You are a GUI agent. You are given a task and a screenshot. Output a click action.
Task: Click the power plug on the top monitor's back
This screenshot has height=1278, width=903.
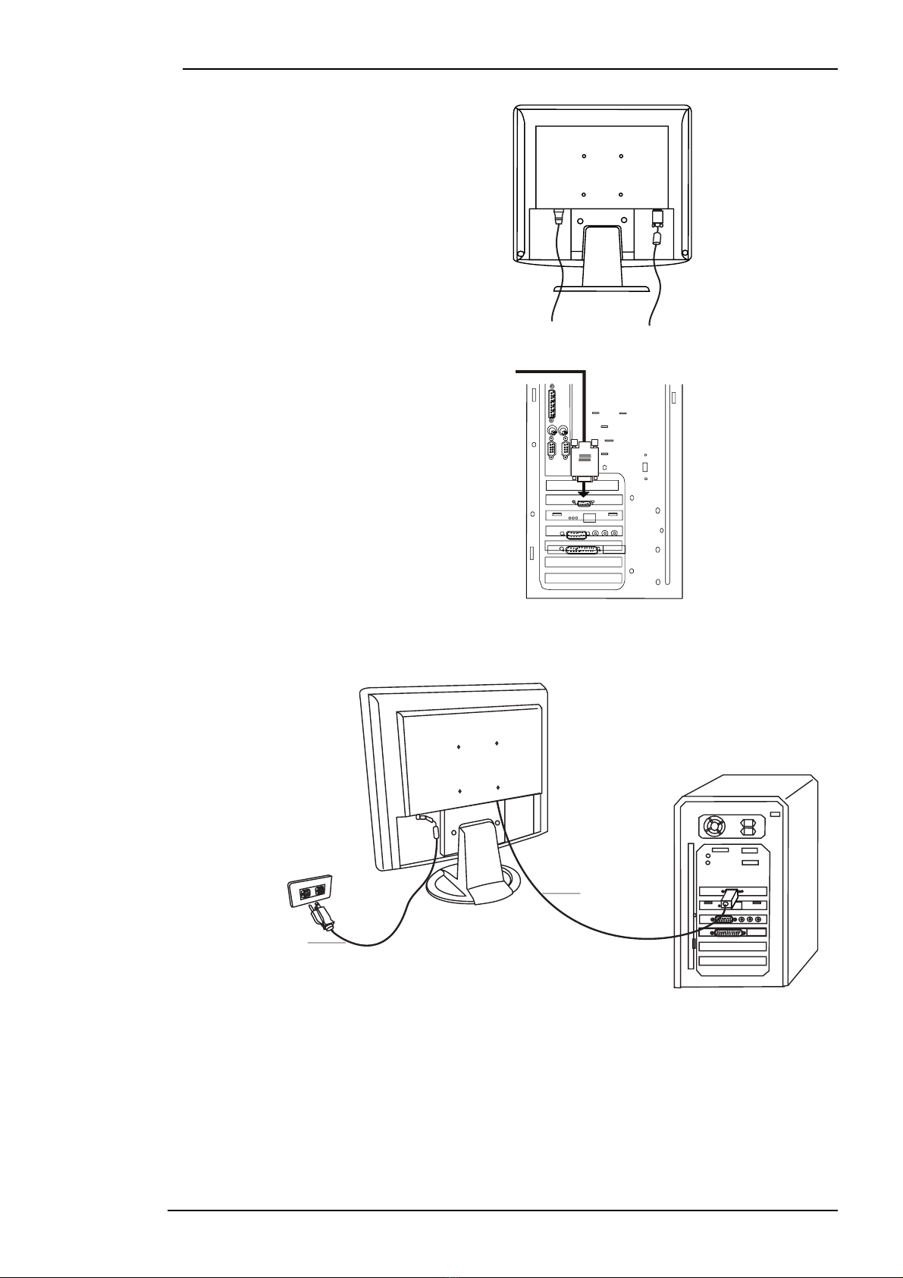coord(558,215)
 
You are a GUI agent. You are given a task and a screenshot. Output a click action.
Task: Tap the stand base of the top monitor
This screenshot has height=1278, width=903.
coord(601,289)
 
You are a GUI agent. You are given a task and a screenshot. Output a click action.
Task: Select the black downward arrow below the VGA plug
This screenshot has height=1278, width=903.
coord(582,489)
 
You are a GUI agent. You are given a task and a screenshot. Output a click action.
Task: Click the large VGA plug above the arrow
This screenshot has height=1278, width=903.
coord(584,459)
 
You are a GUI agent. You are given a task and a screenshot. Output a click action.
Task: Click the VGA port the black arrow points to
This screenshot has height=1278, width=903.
coord(584,503)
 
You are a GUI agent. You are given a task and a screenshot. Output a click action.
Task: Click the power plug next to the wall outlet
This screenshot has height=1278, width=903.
coord(321,918)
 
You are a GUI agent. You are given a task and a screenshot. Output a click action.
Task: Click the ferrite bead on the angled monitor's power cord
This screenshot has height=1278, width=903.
coord(434,832)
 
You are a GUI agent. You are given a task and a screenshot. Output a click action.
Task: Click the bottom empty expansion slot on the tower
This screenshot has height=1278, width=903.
coord(732,961)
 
